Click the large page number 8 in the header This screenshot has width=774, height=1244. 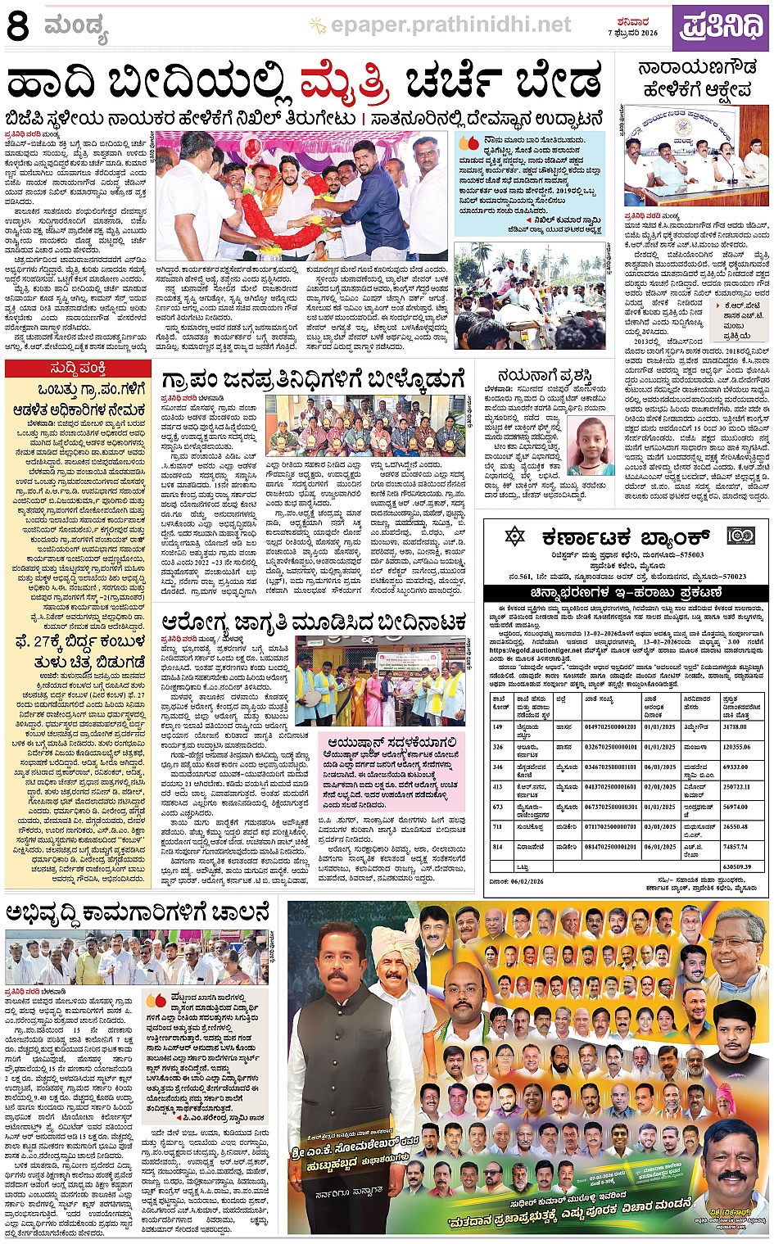click(17, 25)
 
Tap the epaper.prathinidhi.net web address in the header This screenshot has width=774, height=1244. click(450, 25)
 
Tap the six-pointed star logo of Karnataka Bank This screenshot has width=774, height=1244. click(514, 536)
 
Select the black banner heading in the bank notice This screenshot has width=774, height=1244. click(627, 592)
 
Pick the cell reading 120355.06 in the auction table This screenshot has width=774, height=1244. click(736, 747)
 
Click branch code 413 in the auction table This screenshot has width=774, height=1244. click(497, 786)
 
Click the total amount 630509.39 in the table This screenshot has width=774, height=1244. click(736, 866)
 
